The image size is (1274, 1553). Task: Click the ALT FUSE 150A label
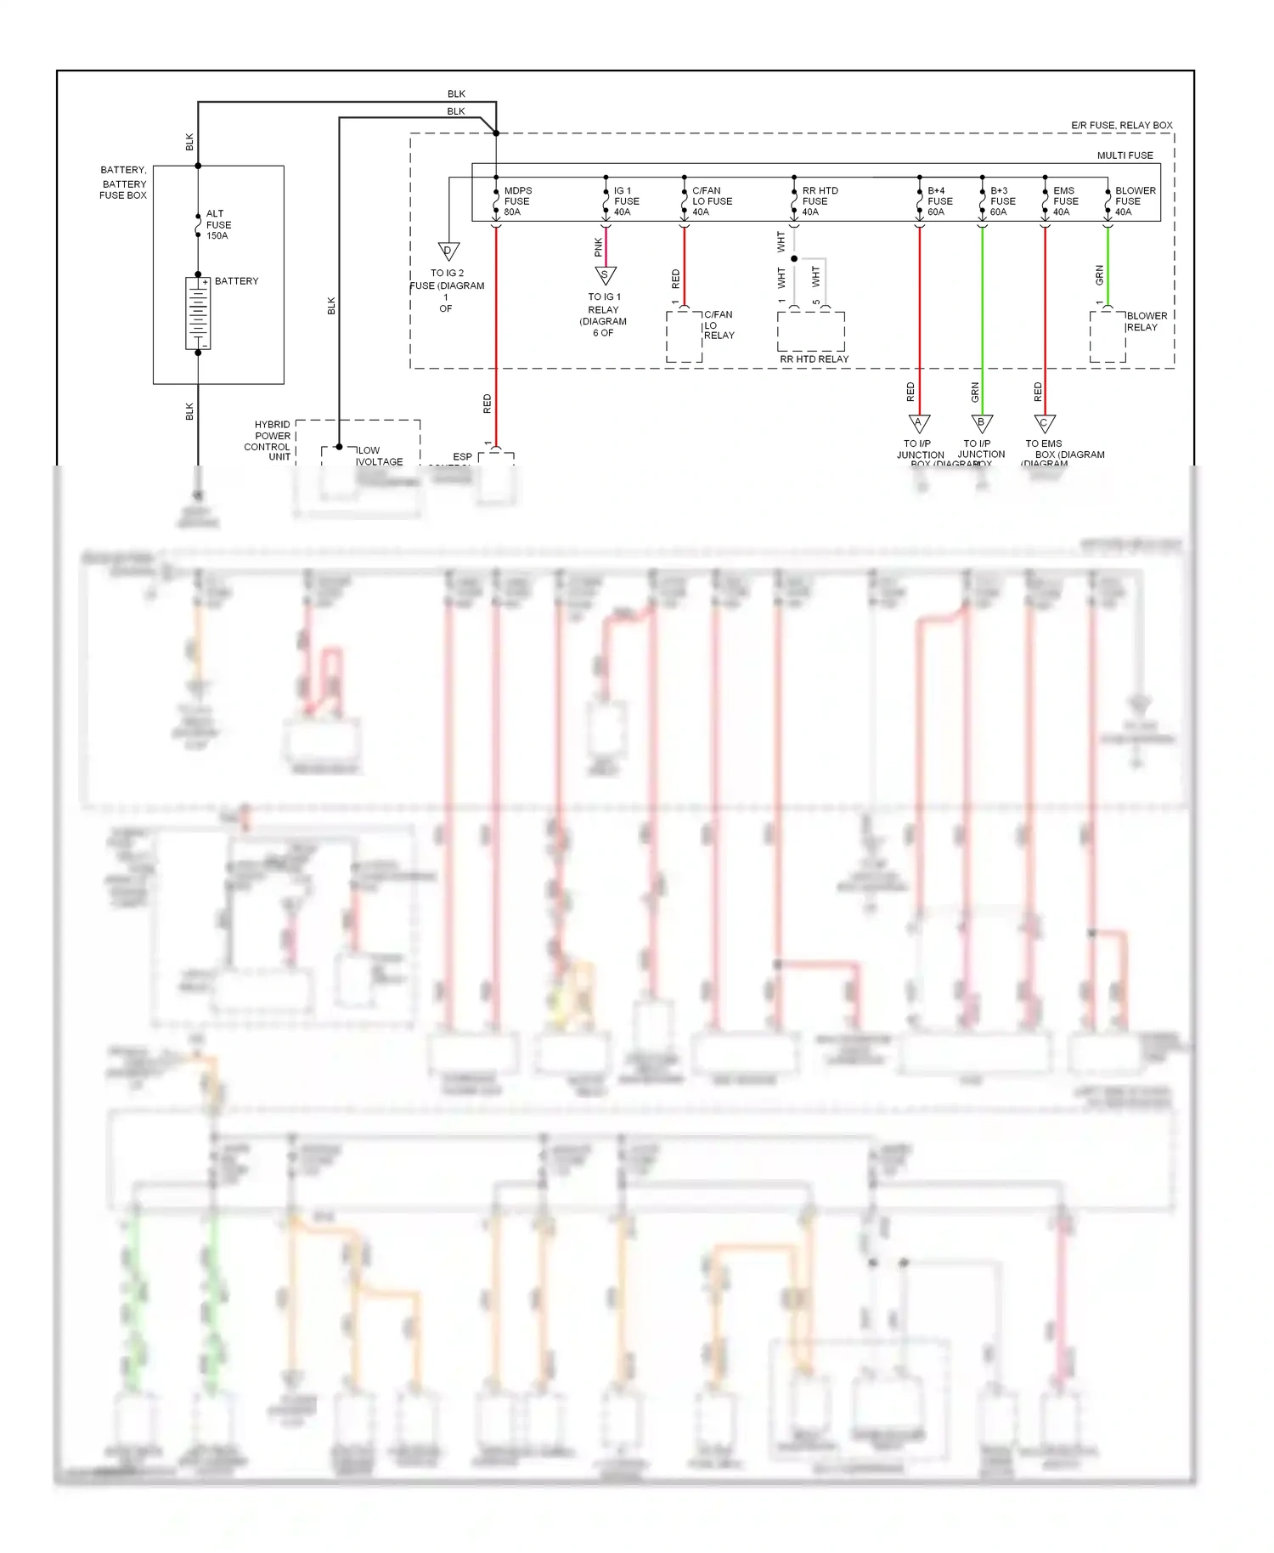coord(217,225)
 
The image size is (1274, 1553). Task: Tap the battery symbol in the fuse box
coord(198,313)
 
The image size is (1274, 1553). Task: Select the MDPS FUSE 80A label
coord(517,201)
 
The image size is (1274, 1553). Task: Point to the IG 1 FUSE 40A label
coord(626,201)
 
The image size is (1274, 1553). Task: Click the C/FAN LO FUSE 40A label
coord(711,201)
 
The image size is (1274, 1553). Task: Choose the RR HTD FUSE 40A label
coord(819,201)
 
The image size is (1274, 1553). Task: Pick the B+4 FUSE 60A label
coord(939,201)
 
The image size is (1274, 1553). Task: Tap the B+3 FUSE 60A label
coord(1002,201)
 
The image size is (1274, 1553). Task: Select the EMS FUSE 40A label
coord(1065,201)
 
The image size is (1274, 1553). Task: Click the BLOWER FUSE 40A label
coord(1135,201)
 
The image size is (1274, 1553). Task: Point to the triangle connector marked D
coord(448,251)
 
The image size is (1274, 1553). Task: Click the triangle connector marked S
coord(605,275)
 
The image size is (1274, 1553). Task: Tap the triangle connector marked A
coord(919,423)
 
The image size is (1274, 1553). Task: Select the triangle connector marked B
coord(982,423)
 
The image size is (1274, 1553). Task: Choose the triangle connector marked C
coord(1045,423)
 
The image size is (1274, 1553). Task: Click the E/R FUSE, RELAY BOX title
coord(1121,126)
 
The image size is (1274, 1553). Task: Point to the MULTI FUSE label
coord(1125,155)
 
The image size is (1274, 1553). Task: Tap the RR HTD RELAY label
coord(814,359)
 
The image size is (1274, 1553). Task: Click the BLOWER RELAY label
coord(1146,321)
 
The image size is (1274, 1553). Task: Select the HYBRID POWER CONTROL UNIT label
coord(268,440)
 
